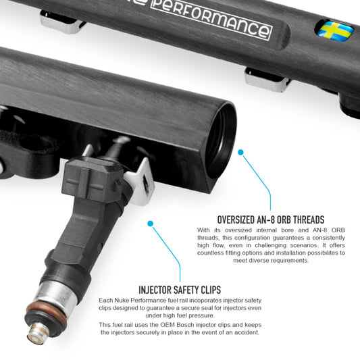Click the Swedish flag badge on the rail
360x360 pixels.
(x=336, y=30)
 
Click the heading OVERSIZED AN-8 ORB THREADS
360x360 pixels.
(x=270, y=220)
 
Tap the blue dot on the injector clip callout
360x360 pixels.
(x=150, y=223)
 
